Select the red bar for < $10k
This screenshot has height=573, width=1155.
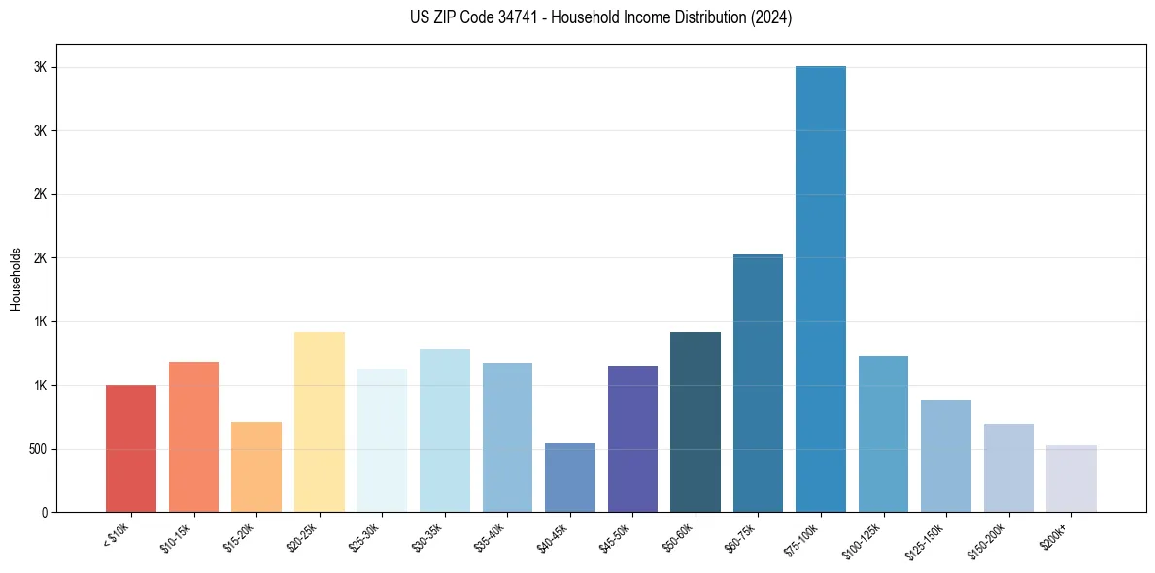(x=131, y=448)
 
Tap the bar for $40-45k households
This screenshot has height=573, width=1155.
(x=570, y=477)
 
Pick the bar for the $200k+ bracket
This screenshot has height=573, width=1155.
(x=1071, y=478)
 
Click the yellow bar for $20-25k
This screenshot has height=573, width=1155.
(x=320, y=421)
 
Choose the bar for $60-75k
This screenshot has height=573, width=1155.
(x=758, y=383)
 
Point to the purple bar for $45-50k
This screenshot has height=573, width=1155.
(x=632, y=439)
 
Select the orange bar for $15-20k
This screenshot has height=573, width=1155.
(x=256, y=466)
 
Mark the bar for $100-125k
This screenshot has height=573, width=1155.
(x=883, y=434)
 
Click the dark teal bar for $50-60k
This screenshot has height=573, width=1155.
(x=696, y=421)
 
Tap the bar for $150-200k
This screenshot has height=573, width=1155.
(x=1008, y=468)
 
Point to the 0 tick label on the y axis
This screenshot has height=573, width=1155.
(x=42, y=512)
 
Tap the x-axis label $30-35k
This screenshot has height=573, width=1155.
(x=427, y=536)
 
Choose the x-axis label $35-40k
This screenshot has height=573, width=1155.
(x=491, y=536)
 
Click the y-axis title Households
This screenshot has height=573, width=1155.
(x=16, y=278)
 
